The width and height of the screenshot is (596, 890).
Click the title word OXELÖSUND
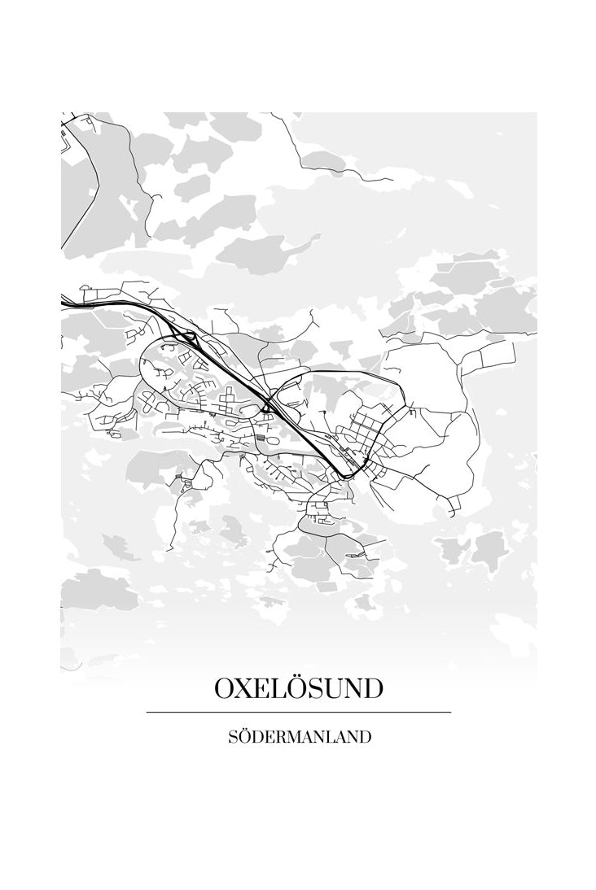coord(298,688)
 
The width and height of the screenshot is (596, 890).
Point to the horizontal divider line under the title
coord(298,712)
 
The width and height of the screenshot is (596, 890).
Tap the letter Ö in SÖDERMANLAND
coord(245,736)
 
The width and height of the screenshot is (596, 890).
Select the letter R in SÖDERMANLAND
coord(282,737)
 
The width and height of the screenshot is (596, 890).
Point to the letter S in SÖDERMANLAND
coord(234,737)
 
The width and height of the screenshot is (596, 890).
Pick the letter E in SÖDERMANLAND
coord(270,737)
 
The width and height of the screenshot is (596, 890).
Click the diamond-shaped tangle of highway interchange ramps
coord(184,337)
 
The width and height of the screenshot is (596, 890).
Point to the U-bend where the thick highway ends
coord(348,473)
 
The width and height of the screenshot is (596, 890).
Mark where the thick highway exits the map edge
coord(63,303)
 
